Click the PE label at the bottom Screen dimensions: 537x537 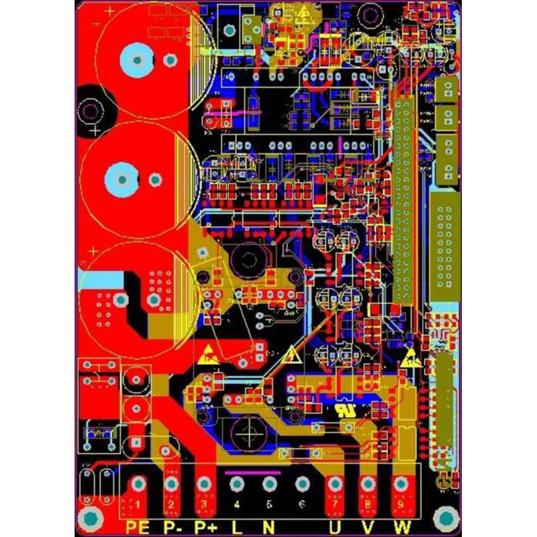[136, 527]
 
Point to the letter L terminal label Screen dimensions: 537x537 [236, 527]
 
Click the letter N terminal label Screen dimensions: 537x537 [268, 527]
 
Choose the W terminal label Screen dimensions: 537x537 [402, 527]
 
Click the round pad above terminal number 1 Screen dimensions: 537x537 [138, 483]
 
